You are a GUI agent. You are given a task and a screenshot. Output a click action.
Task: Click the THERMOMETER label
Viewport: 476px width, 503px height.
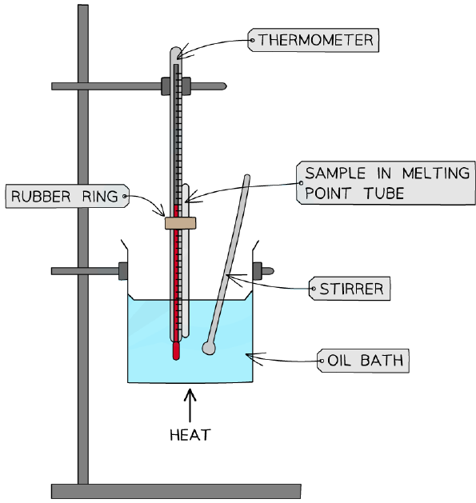coord(314,40)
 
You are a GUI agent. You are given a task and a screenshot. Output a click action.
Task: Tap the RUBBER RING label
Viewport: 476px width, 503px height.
coord(67,196)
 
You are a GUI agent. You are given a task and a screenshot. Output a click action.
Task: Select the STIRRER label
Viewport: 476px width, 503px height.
coord(350,289)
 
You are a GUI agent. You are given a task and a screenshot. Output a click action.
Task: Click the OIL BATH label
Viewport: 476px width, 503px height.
coord(363,361)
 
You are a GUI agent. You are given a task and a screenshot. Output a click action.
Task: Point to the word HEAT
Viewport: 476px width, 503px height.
coord(190,435)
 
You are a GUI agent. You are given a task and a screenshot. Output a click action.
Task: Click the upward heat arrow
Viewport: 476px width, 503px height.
coord(190,405)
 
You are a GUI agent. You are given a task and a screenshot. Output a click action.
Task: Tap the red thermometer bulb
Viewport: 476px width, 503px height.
coord(176,350)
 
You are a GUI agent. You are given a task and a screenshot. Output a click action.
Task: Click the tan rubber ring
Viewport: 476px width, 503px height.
coord(180,223)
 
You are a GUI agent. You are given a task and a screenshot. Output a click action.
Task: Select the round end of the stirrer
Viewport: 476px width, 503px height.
coord(209,348)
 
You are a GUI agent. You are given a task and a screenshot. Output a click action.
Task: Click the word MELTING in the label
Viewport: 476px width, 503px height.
coord(435,174)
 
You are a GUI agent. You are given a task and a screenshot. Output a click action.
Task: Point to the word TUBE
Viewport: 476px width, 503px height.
coord(384,194)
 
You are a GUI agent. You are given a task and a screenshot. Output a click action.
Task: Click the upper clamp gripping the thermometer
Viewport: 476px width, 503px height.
coord(176,86)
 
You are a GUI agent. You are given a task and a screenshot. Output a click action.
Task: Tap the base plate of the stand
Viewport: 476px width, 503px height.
coord(176,491)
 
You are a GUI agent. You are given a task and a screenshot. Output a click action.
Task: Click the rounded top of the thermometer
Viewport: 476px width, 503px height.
coord(176,51)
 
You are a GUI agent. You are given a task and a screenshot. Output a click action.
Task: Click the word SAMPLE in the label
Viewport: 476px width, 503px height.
coord(335,174)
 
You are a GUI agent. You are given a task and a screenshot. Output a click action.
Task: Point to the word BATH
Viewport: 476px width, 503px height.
coord(382,361)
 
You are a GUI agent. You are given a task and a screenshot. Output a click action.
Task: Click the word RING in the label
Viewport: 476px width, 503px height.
coord(100,197)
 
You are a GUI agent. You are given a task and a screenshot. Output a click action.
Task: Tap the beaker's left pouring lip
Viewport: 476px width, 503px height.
coord(124,246)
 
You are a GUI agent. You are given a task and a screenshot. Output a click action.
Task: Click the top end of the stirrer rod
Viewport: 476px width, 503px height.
coord(247,177)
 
